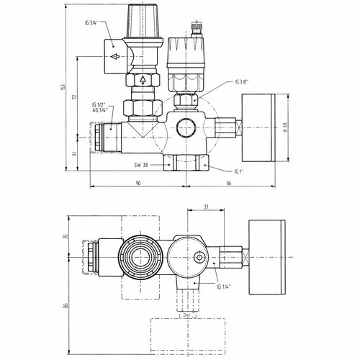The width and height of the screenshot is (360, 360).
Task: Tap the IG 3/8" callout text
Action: pyautogui.click(x=242, y=82)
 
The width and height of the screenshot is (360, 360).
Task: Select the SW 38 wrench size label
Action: pyautogui.click(x=141, y=165)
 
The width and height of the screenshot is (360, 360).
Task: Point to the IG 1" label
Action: pyautogui.click(x=239, y=171)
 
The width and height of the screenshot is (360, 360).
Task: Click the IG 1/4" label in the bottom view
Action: pyautogui.click(x=224, y=287)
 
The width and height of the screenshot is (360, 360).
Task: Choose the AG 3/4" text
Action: pyautogui.click(x=100, y=109)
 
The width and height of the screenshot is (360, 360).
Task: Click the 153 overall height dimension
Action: pyautogui.click(x=63, y=87)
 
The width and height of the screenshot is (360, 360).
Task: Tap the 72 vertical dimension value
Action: pyautogui.click(x=75, y=97)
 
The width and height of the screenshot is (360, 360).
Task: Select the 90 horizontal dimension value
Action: pyautogui.click(x=138, y=183)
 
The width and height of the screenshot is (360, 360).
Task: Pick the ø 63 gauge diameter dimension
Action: pyautogui.click(x=285, y=127)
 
